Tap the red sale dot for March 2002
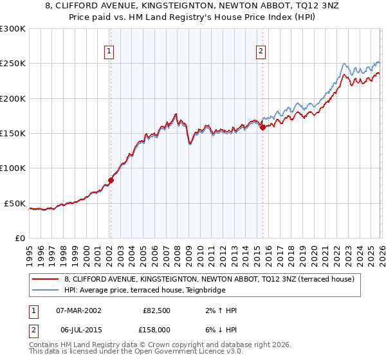[111, 181]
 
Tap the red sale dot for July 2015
[262, 127]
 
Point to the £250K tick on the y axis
[14, 64]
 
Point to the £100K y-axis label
[14, 168]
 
